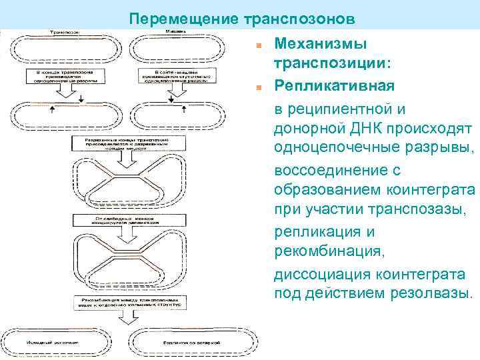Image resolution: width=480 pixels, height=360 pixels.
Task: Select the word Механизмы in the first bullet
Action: coord(321,44)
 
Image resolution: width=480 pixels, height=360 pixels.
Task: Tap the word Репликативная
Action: coord(334,87)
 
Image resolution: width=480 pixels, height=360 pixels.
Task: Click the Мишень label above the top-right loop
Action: coord(175,31)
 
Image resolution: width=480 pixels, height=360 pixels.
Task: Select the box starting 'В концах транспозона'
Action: coord(63,75)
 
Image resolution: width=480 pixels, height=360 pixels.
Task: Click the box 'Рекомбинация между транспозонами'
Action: coord(120,303)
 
